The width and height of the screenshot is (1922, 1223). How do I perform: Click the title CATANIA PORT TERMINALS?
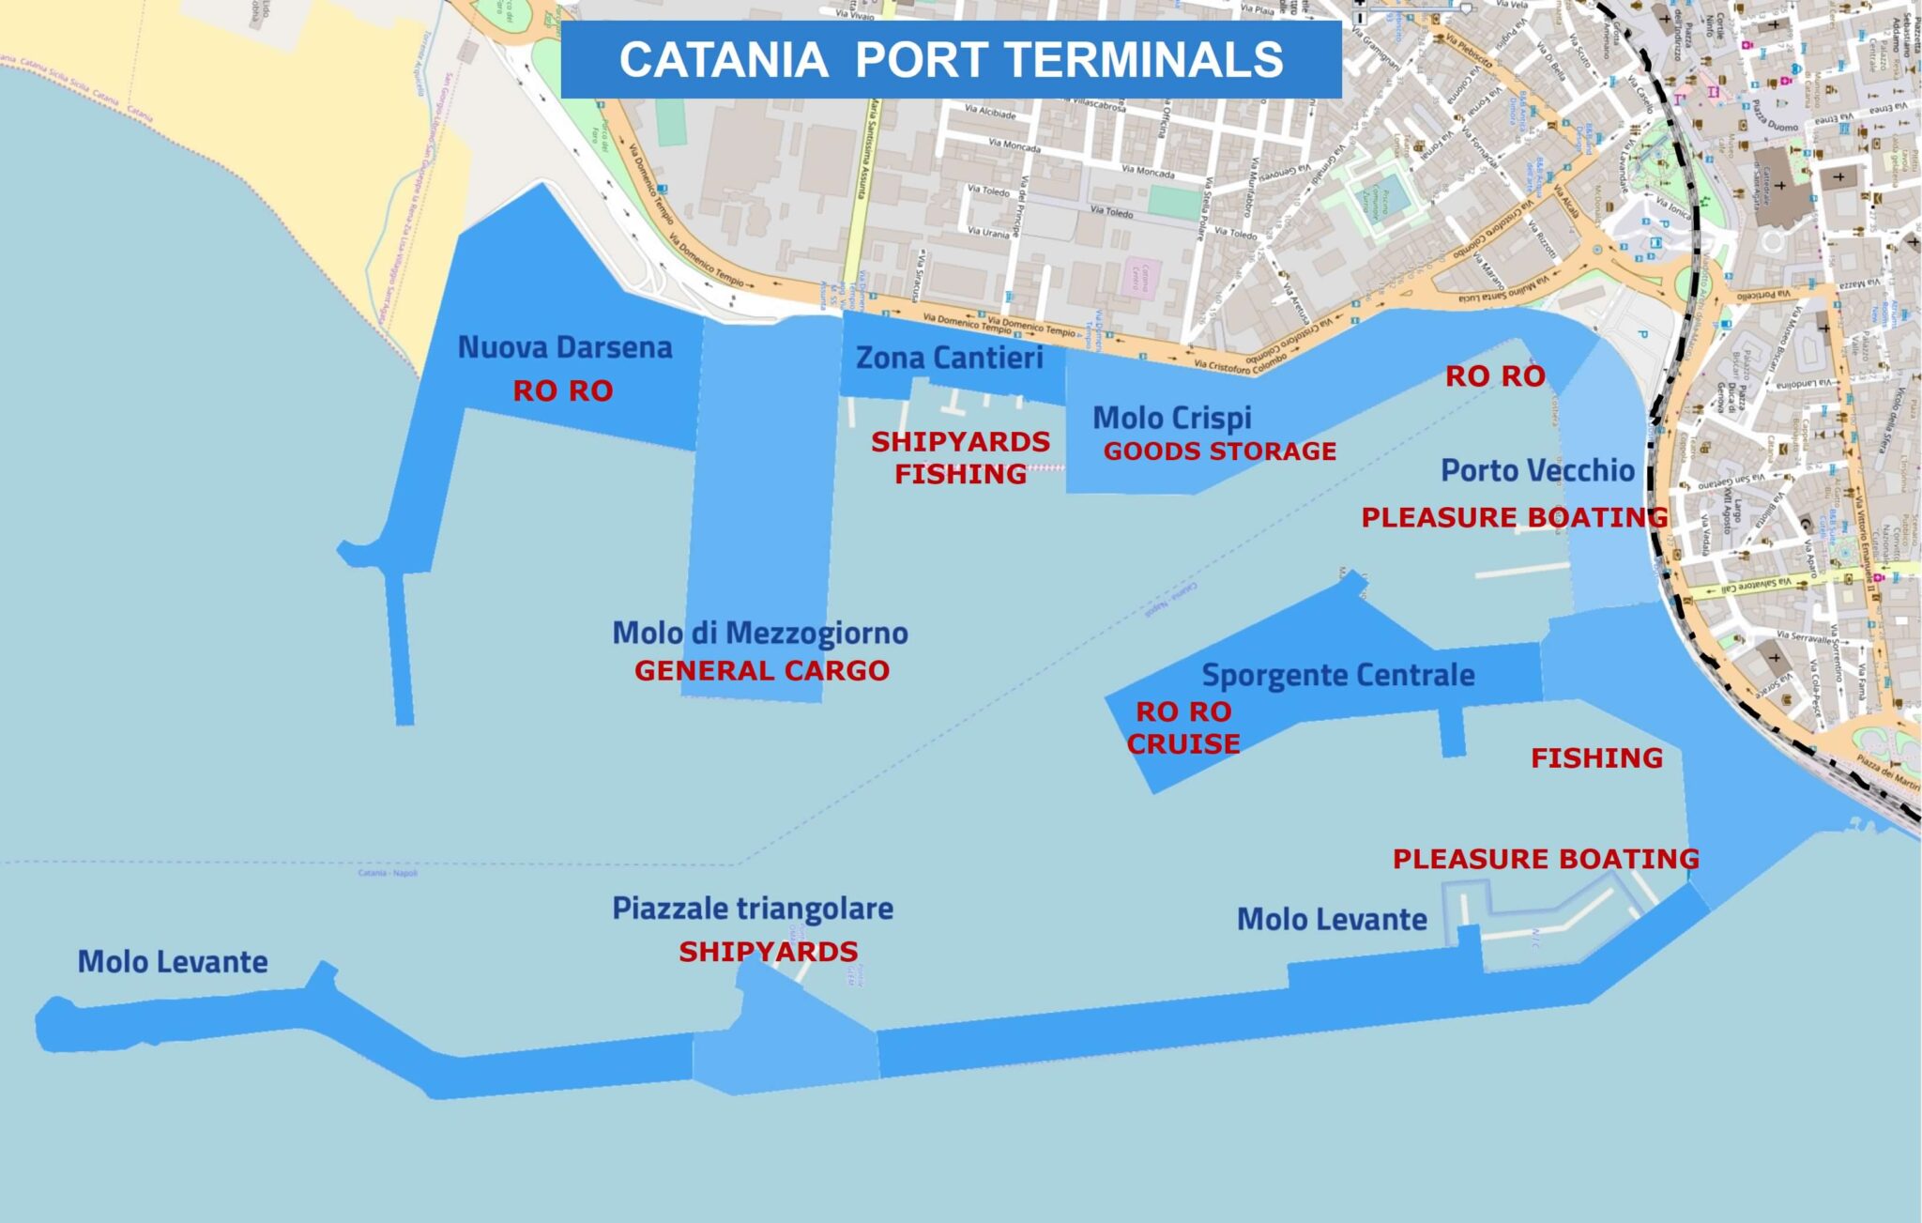tap(951, 59)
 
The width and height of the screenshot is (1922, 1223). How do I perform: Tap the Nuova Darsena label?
tap(565, 347)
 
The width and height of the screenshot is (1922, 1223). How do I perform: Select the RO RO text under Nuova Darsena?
tap(563, 390)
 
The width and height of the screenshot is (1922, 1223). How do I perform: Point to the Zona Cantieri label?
tap(950, 358)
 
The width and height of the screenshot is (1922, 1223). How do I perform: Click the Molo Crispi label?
tap(1172, 418)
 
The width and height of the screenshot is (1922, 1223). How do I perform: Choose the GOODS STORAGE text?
tap(1219, 451)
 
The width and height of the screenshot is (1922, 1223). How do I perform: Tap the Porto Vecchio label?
tap(1537, 470)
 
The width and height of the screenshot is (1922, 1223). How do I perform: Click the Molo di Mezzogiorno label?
tap(760, 634)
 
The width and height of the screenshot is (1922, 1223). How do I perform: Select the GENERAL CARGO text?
tap(762, 671)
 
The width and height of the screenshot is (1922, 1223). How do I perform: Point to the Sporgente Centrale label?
tap(1338, 675)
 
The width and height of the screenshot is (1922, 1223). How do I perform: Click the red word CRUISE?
tap(1183, 744)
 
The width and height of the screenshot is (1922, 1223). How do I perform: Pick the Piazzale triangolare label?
tap(753, 909)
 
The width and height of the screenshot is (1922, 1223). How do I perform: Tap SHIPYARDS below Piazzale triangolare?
tap(769, 952)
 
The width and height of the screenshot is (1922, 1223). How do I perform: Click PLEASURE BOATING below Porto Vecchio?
tap(1515, 517)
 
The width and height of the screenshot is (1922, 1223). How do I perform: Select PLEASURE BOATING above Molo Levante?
tap(1546, 859)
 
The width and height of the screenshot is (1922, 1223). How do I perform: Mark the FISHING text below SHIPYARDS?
tap(960, 475)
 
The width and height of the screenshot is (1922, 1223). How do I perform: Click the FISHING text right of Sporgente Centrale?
tap(1596, 757)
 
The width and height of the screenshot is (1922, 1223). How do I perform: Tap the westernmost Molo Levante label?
tap(173, 962)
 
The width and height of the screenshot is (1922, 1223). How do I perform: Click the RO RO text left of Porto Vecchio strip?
tap(1495, 376)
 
